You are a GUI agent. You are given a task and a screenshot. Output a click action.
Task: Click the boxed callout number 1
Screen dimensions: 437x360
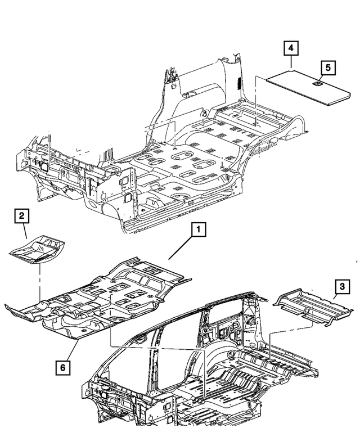(x=199, y=229)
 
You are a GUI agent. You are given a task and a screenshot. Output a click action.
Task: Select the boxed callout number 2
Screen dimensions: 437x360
(x=21, y=215)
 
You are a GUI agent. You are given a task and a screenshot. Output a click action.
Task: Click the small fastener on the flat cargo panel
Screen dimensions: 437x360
(x=317, y=84)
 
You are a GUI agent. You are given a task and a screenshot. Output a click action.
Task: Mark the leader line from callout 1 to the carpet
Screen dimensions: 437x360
(x=180, y=247)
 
